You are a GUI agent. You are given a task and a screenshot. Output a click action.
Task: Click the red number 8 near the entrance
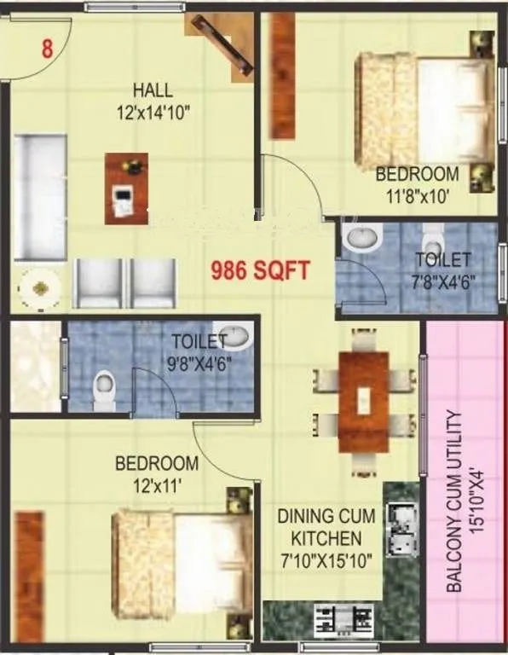47,49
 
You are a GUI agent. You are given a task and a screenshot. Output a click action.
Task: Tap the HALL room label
153,90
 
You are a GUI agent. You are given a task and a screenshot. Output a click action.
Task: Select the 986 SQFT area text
260,272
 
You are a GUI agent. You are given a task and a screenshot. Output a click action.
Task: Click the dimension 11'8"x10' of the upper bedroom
418,193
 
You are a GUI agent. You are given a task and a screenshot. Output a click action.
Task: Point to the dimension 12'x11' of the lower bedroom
157,484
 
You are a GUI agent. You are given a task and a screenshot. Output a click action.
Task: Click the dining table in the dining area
363,401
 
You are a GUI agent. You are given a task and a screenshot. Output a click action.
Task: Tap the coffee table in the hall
126,188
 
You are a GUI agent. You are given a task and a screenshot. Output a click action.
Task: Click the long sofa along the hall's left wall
38,196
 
